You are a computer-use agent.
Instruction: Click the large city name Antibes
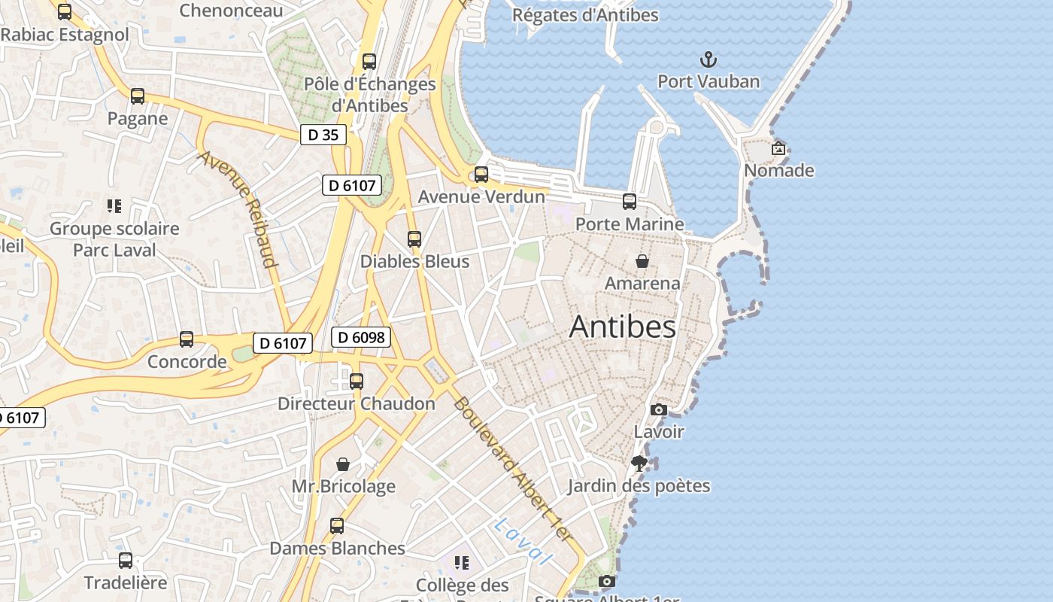(622, 327)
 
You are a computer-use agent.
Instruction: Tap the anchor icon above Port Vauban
(709, 59)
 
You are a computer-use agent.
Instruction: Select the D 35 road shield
(323, 135)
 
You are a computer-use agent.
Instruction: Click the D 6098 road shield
(362, 337)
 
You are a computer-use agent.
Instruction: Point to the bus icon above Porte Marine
(630, 202)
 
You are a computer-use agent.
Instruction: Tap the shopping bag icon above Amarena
(642, 261)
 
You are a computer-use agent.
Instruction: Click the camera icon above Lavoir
(658, 409)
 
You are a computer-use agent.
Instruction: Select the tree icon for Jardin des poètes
(639, 464)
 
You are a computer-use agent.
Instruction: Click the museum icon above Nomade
(778, 148)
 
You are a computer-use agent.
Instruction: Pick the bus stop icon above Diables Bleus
(414, 239)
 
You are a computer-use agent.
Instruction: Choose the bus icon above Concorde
(187, 339)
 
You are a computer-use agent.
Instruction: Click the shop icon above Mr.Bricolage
(343, 464)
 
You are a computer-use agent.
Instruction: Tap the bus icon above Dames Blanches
(337, 526)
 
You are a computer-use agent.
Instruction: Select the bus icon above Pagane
(137, 96)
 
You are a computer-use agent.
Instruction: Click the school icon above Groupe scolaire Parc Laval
(114, 206)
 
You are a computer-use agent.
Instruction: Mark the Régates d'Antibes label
(584, 15)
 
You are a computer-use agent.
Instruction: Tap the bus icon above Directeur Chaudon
(357, 382)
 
